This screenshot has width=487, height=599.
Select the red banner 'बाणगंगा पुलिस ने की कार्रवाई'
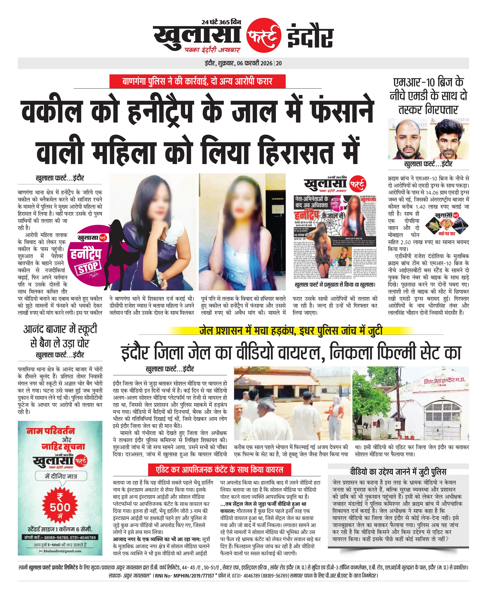click(197, 81)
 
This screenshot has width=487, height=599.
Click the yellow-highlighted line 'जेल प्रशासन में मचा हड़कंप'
click(291, 331)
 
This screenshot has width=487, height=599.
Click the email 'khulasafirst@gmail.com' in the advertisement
click(62, 551)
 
